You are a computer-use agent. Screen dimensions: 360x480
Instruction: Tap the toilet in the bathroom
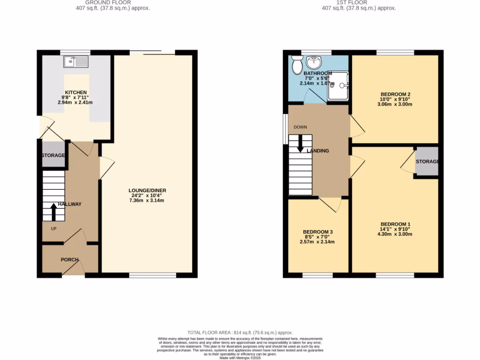point(297,65)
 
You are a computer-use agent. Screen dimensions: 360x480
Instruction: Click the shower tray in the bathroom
point(337,86)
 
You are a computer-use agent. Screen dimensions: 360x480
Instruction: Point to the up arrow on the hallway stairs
point(53,213)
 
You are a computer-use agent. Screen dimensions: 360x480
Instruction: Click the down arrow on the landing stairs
point(300,145)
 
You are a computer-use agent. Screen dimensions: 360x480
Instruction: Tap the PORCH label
point(69,260)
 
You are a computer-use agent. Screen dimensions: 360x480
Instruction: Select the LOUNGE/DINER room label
point(148,190)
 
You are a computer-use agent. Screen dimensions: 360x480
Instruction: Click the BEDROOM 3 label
point(318,232)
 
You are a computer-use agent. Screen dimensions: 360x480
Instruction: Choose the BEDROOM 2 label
point(395,94)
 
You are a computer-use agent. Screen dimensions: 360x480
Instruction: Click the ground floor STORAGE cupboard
point(53,155)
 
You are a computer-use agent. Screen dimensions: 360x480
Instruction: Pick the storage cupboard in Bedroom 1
point(426,162)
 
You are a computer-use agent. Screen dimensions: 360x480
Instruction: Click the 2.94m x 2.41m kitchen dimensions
point(75,102)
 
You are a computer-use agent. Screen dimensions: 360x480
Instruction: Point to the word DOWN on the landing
point(300,127)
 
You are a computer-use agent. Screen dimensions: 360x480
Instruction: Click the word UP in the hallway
point(54,229)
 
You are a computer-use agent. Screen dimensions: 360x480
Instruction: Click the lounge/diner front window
point(153,275)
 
